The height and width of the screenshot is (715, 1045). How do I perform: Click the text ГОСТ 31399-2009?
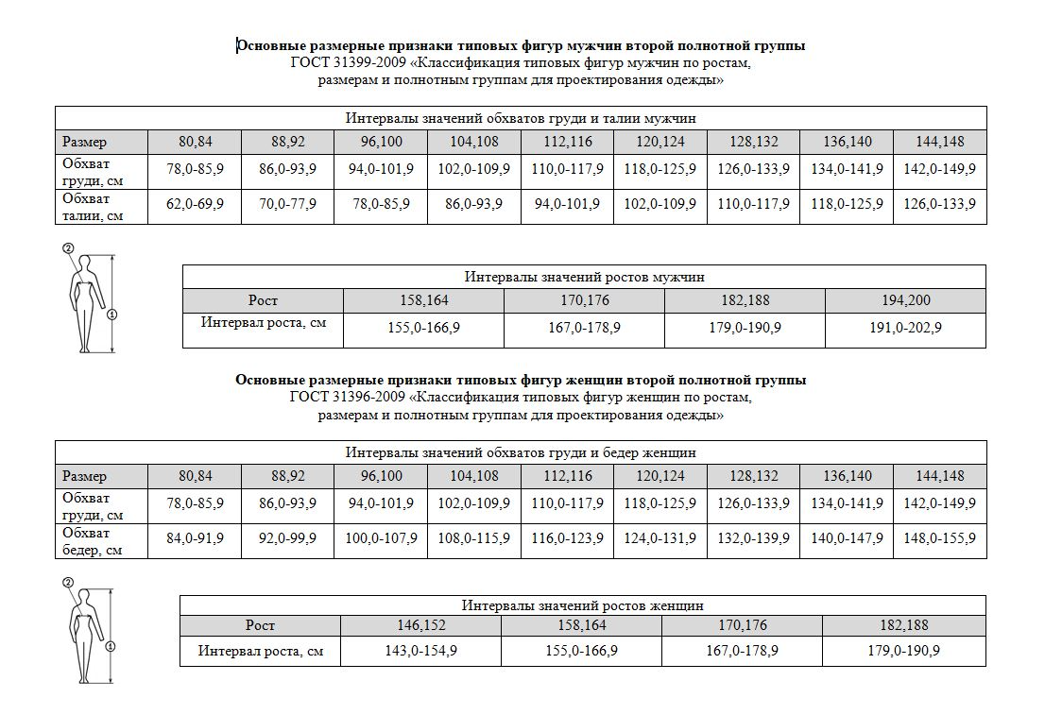pyautogui.click(x=341, y=63)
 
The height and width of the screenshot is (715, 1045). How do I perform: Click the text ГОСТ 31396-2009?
pyautogui.click(x=341, y=397)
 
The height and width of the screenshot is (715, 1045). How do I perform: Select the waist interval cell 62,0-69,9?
pyautogui.click(x=196, y=205)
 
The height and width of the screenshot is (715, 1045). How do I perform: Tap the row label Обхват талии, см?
pyautogui.click(x=93, y=207)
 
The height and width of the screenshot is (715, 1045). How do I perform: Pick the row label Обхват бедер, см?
pyautogui.click(x=93, y=540)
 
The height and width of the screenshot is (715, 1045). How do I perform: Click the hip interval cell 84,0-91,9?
pyautogui.click(x=196, y=538)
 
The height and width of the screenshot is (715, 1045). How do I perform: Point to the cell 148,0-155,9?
pyautogui.click(x=940, y=538)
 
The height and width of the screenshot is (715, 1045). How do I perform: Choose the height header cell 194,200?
pyautogui.click(x=905, y=300)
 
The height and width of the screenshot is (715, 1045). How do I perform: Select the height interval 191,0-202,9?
pyautogui.click(x=905, y=329)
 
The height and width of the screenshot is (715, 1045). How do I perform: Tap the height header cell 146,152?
pyautogui.click(x=421, y=625)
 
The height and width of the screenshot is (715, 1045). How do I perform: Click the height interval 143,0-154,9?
pyautogui.click(x=421, y=651)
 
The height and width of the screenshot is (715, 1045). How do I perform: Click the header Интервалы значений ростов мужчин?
pyautogui.click(x=584, y=277)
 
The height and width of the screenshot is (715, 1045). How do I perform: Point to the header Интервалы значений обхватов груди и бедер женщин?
pyautogui.click(x=521, y=452)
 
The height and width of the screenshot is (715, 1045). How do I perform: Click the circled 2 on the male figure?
pyautogui.click(x=68, y=248)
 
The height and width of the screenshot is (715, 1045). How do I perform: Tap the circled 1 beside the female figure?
pyautogui.click(x=111, y=647)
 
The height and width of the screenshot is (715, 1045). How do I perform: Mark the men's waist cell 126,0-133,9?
pyautogui.click(x=940, y=205)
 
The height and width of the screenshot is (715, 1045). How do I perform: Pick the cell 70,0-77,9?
pyautogui.click(x=288, y=205)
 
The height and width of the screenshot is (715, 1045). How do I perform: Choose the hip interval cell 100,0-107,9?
pyautogui.click(x=382, y=538)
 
